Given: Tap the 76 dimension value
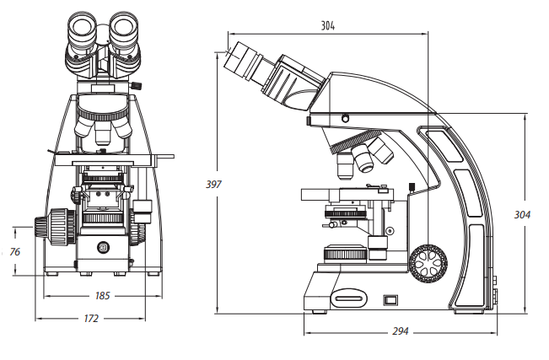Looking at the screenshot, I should [x=14, y=251].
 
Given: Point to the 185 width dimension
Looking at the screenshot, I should [x=103, y=296].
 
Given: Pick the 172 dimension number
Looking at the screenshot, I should [x=91, y=319].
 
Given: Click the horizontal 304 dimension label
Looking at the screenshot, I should [x=328, y=26].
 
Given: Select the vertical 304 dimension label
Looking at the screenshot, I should [x=522, y=215].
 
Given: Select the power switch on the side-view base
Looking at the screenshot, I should [x=390, y=298].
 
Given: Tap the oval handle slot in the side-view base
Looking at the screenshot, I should [x=350, y=296].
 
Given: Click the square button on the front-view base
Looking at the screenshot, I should [x=104, y=247].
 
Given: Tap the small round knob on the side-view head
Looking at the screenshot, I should [x=344, y=117].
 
